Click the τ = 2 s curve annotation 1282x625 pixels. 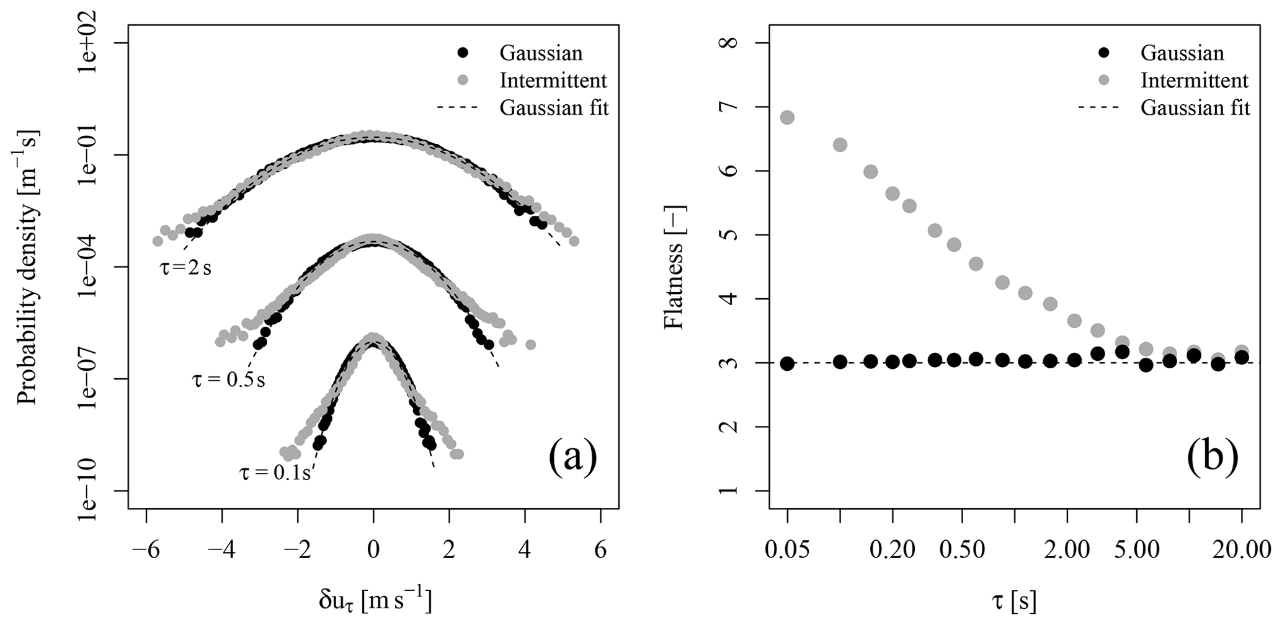click(183, 269)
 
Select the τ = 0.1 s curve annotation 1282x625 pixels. click(275, 473)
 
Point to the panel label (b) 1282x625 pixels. click(1213, 457)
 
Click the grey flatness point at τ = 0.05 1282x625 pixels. click(787, 118)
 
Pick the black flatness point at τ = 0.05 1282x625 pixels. click(787, 363)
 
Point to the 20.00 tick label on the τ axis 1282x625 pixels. click(1242, 550)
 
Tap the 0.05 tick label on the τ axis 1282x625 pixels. click(787, 550)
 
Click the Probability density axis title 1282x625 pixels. click(27, 267)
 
